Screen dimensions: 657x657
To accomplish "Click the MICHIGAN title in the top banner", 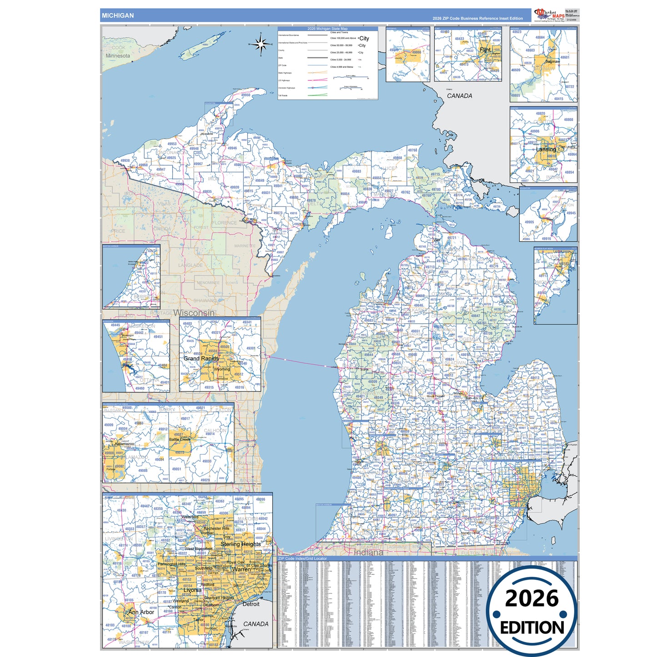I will tap(118, 15).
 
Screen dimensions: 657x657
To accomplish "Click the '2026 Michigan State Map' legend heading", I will tap(327, 29).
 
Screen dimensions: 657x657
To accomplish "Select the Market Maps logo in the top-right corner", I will tap(550, 15).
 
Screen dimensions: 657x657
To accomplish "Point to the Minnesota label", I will tap(118, 56).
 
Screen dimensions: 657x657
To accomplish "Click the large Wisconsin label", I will tap(194, 313).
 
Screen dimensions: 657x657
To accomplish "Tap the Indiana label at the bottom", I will tap(368, 552).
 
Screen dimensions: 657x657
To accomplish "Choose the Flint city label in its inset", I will tap(485, 50).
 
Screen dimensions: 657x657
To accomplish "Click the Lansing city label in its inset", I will tap(546, 149).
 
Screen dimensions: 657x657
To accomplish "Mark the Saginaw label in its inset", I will tap(552, 61).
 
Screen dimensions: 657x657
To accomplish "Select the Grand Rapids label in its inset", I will tap(201, 358).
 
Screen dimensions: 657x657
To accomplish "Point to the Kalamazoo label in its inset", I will tap(124, 444).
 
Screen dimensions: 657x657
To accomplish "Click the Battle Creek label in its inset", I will tap(180, 439).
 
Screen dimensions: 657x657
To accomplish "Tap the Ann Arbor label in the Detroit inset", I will tap(141, 612).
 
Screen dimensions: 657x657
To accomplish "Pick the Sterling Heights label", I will tap(241, 544).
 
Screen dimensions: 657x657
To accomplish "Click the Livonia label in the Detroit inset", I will tap(192, 590).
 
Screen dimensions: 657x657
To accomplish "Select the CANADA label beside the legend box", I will tap(459, 96).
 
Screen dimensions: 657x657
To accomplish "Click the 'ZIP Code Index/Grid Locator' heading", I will tap(302, 558).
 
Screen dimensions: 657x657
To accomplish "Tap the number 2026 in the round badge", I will tap(532, 598).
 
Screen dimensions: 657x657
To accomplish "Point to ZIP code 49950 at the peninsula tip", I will tap(246, 95).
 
